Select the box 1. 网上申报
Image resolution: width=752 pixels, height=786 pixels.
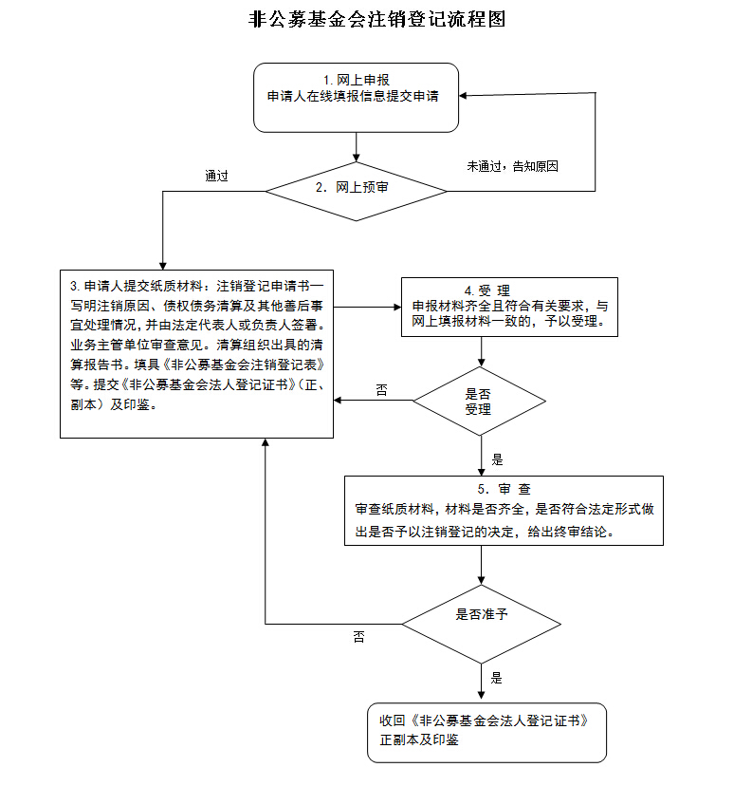point(356,97)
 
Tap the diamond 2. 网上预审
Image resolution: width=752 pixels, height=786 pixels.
point(356,189)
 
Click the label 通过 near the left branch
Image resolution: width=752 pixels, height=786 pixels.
point(216,176)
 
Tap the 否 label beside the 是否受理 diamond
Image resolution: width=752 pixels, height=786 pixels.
point(382,389)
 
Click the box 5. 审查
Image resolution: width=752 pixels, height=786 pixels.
point(504,511)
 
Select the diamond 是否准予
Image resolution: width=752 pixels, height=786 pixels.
point(483,624)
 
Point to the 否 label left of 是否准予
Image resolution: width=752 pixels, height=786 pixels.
point(358,636)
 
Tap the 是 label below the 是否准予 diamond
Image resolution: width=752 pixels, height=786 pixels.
point(497,678)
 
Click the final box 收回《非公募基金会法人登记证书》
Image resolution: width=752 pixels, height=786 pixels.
point(486,732)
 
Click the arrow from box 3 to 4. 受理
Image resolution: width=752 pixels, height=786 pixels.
point(367,308)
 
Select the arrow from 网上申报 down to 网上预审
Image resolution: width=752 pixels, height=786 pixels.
point(356,146)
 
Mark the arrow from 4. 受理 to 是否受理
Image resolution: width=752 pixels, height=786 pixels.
point(482,350)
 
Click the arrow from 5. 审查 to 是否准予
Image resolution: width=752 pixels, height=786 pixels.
point(483,567)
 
